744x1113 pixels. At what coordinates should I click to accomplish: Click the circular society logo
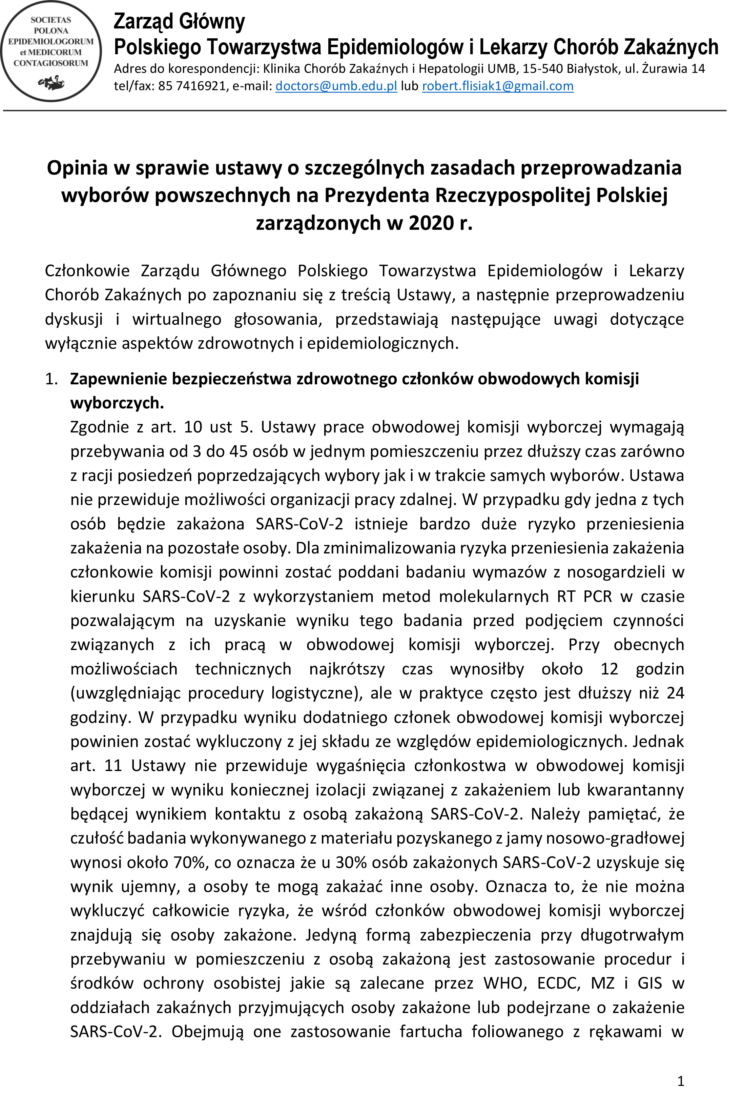click(51, 51)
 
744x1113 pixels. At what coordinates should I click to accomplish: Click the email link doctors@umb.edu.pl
click(336, 86)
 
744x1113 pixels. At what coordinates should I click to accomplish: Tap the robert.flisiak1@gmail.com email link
click(498, 86)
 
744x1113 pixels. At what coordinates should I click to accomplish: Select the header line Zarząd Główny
click(179, 22)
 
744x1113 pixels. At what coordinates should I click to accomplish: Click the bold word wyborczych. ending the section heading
click(117, 403)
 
